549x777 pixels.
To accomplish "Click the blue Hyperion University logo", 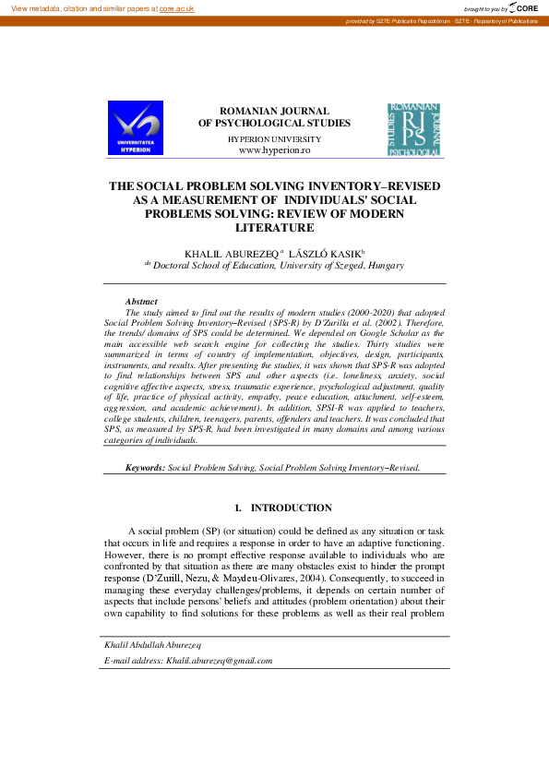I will (x=136, y=127).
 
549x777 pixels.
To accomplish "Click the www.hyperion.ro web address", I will (x=274, y=149).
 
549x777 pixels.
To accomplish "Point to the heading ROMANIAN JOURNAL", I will (x=274, y=111).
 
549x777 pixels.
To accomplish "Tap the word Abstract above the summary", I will (x=141, y=302).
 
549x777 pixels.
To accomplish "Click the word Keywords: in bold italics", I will (x=146, y=468).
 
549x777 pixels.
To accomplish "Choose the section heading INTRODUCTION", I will (x=292, y=508).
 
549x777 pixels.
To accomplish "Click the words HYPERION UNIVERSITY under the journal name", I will (x=274, y=137).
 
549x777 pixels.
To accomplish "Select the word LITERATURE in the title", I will (x=275, y=228).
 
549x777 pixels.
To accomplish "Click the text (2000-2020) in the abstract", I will (x=338, y=313).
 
